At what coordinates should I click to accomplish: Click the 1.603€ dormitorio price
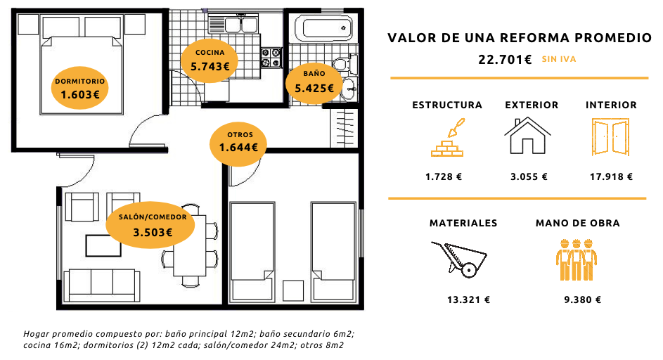coord(80,94)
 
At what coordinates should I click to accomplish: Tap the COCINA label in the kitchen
coord(210,53)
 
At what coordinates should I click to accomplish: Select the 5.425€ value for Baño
coord(314,88)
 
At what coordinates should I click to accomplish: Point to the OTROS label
coord(240,134)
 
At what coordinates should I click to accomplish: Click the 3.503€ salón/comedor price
coord(153,232)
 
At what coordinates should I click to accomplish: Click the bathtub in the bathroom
coord(323,28)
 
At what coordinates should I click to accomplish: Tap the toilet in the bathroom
coord(345,64)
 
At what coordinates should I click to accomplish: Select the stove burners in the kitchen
coord(271,58)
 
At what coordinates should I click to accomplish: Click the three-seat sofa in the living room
coord(101,285)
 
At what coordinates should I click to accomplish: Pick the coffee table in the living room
coord(103,246)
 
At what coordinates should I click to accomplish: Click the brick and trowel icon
coord(447,138)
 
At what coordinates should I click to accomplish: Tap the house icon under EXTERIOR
coord(527,136)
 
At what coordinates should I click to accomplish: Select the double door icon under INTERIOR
coord(610,137)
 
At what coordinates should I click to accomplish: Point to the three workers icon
coord(577,259)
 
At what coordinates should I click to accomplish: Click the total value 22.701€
coord(505,60)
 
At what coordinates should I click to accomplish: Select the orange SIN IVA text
coord(559,59)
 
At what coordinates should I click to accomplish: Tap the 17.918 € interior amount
coord(612,176)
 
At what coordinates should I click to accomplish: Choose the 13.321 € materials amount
coord(468,300)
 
